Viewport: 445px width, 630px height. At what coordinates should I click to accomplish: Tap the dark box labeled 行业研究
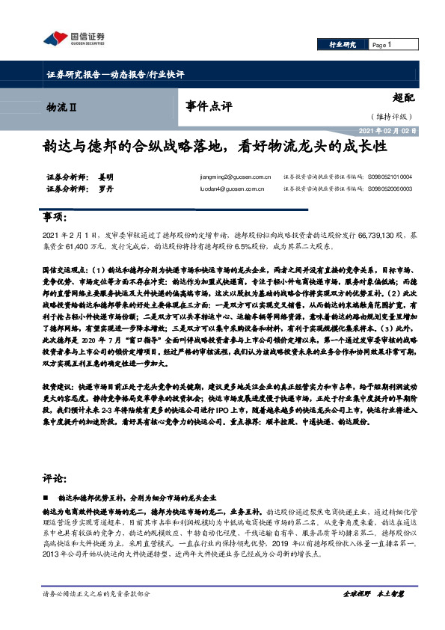click(x=342, y=46)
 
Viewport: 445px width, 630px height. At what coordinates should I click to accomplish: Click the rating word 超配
click(x=402, y=98)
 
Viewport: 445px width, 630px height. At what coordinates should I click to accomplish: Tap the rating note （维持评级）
click(x=390, y=116)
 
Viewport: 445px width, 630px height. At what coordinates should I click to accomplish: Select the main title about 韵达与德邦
click(x=214, y=147)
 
